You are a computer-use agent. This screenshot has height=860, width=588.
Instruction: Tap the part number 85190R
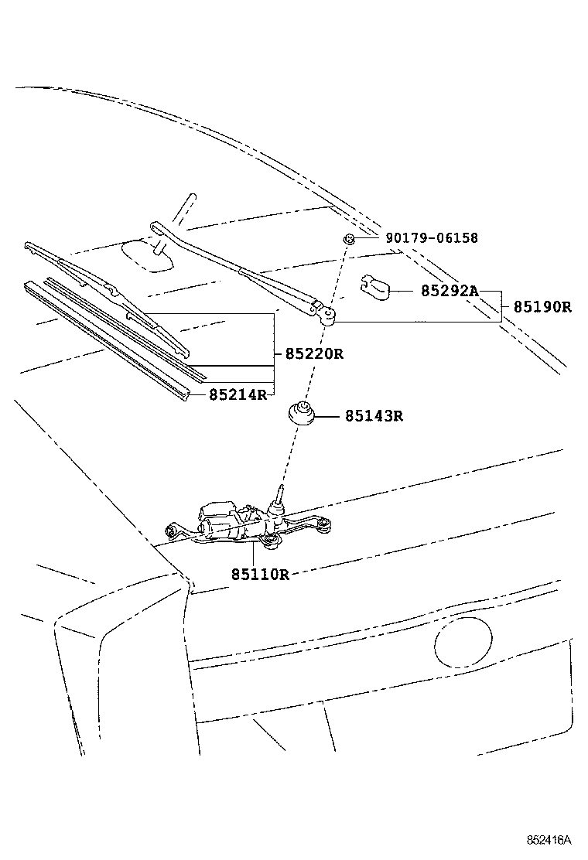point(542,306)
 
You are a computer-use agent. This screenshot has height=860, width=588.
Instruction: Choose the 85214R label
point(238,394)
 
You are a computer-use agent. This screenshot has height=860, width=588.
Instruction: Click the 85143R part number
point(374,416)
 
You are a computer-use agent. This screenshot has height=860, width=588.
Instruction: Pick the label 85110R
point(259,574)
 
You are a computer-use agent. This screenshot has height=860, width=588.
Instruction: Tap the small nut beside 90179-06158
point(350,239)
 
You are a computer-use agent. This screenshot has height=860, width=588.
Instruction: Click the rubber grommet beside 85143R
point(303,413)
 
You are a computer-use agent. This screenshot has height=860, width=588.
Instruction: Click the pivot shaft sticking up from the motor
point(279,495)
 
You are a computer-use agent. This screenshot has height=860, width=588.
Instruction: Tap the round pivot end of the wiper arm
point(328,313)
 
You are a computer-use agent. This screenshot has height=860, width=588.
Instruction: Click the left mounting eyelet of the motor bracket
point(173,531)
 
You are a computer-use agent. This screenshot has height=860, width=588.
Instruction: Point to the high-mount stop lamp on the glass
point(149,255)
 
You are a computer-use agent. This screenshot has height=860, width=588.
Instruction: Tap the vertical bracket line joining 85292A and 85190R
point(504,306)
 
